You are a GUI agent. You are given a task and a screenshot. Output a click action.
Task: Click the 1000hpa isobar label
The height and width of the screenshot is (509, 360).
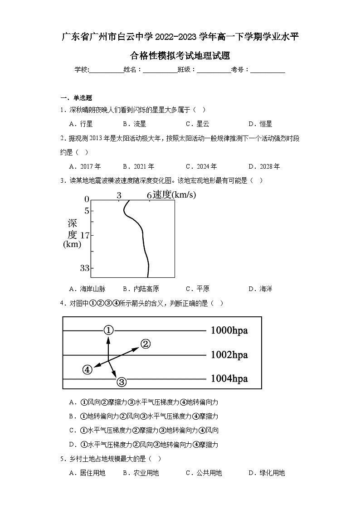[x=229, y=330]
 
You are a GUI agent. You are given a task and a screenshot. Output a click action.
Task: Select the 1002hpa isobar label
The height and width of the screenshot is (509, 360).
[x=229, y=355]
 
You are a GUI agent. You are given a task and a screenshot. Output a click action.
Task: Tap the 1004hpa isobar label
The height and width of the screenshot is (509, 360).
[x=229, y=378]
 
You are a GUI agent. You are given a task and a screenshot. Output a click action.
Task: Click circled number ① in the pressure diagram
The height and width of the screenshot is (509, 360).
[x=108, y=330]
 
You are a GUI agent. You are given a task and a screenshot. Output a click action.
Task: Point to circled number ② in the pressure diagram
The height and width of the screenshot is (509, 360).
[x=145, y=344]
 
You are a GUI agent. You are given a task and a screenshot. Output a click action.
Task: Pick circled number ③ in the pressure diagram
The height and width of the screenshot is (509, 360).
[x=122, y=382]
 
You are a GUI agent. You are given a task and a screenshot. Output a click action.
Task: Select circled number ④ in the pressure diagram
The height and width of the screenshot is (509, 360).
[x=88, y=369]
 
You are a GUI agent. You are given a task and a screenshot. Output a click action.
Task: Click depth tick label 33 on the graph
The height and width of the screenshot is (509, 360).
[x=85, y=268]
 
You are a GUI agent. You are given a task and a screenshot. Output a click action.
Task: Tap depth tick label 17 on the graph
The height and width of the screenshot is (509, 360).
[x=85, y=235]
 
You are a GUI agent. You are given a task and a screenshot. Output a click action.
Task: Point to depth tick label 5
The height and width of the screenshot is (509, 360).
[x=87, y=211]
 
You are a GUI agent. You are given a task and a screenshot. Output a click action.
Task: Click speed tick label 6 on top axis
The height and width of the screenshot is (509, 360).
[x=149, y=195]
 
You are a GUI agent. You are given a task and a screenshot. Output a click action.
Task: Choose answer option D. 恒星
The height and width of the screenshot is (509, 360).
[x=260, y=124]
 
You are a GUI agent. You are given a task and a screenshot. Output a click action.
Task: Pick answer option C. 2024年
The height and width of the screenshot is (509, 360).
[x=201, y=166]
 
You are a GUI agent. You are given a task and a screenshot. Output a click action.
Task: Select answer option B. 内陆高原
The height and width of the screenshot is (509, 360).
[x=141, y=289]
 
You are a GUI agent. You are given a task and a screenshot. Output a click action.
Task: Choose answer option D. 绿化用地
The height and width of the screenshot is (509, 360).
[x=267, y=473]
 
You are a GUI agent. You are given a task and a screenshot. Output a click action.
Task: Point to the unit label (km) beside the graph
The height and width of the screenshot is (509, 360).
[x=72, y=245]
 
